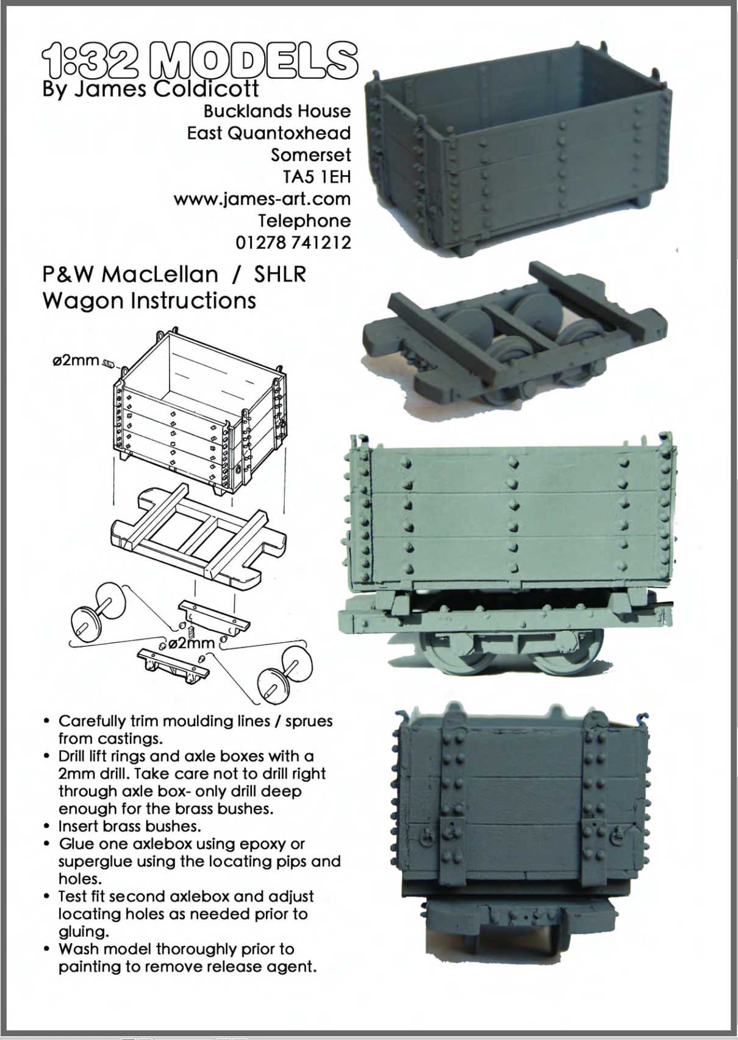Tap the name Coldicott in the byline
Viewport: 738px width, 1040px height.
coord(206,88)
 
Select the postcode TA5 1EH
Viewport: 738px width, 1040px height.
coord(317,177)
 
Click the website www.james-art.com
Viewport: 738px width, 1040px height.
coord(262,199)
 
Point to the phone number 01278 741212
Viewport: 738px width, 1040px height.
coord(293,242)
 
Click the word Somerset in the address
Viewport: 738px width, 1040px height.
coord(311,155)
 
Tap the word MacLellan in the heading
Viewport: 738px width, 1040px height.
coord(160,275)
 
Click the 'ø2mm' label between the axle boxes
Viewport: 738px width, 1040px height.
coord(191,643)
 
